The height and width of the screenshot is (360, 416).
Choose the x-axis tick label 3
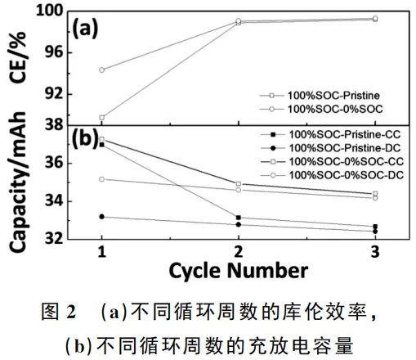click(x=374, y=250)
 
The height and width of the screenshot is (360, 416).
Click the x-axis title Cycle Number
click(x=239, y=269)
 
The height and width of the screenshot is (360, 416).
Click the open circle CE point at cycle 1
click(x=101, y=70)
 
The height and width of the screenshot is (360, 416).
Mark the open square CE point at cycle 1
click(x=101, y=118)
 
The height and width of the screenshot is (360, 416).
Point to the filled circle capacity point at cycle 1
click(x=101, y=217)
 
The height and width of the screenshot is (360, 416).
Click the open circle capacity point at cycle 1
click(x=101, y=179)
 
